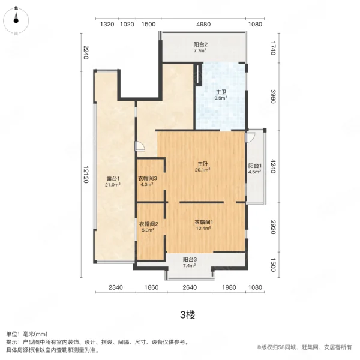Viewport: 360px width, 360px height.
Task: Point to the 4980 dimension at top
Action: click(203, 25)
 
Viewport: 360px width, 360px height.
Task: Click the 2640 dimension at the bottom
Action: click(190, 288)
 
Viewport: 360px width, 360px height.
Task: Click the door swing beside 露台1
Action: click(139, 146)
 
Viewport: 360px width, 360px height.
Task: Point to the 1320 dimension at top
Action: click(107, 25)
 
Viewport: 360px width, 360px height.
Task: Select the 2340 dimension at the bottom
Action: click(116, 288)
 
